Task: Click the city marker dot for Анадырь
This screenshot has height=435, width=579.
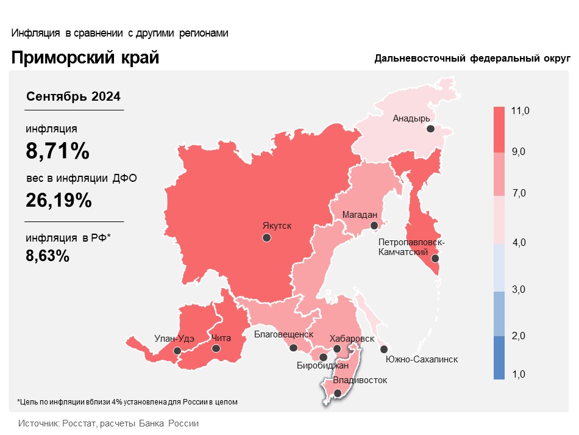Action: [x=430, y=129]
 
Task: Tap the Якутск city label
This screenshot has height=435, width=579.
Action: [x=277, y=226]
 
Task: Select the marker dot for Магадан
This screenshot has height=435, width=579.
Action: [x=375, y=226]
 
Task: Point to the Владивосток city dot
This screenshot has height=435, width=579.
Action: [x=338, y=394]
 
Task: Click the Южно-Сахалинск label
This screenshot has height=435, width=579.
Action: [x=422, y=359]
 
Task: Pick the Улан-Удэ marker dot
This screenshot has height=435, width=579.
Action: [x=177, y=351]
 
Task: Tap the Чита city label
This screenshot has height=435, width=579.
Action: [x=221, y=337]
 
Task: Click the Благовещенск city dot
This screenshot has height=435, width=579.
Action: [x=293, y=348]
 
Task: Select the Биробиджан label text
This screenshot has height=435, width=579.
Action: [x=322, y=366]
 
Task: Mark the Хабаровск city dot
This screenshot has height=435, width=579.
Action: [x=336, y=349]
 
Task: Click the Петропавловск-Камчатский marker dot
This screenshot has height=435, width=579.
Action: [x=435, y=259]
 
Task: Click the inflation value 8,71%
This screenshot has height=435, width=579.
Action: [x=57, y=151]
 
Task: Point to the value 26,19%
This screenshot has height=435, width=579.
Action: [x=59, y=200]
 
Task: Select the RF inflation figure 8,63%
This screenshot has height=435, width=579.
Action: [x=48, y=256]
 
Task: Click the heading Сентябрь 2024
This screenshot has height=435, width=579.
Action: [x=74, y=96]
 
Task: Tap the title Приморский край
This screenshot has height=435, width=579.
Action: [x=85, y=58]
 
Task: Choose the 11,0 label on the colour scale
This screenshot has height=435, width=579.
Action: [x=521, y=110]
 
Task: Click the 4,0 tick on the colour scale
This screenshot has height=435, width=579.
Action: [x=519, y=243]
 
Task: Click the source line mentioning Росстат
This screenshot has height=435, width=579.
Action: [x=108, y=423]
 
